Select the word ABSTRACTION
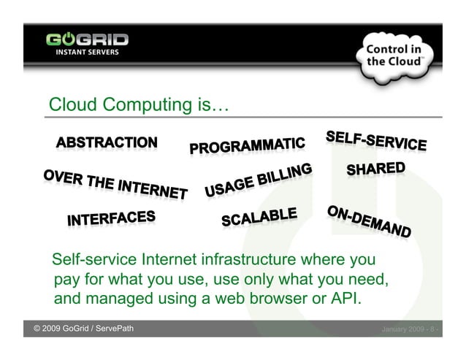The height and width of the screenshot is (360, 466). (x=107, y=142)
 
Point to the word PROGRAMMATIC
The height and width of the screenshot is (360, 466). (x=247, y=144)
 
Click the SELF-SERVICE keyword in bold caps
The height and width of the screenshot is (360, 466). (x=376, y=141)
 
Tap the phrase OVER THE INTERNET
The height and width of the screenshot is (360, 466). (x=115, y=183)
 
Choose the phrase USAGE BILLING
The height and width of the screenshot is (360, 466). (x=258, y=180)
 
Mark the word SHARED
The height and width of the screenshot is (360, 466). (x=375, y=169)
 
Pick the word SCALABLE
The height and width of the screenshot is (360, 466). (x=259, y=217)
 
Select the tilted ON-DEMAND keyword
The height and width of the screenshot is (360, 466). (x=369, y=221)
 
